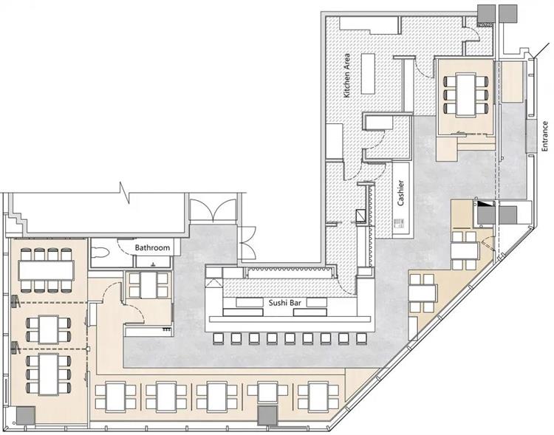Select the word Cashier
point(400,193)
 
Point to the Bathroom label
point(153,248)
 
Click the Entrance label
point(544,137)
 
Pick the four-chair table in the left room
point(48,326)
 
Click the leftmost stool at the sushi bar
point(218,339)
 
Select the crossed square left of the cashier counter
point(360,215)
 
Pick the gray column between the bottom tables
point(267,416)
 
